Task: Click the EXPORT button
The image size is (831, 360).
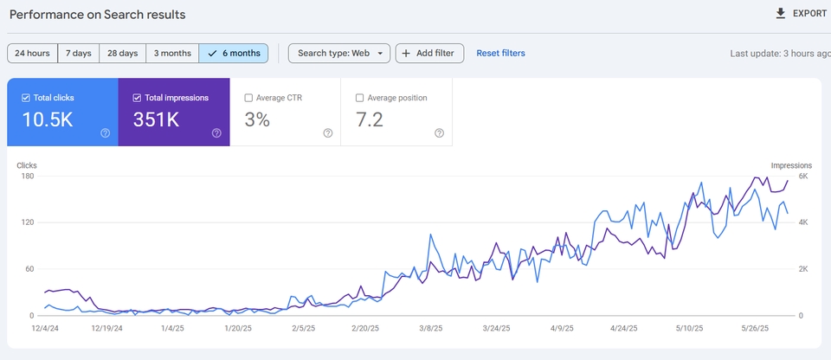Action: tap(800, 14)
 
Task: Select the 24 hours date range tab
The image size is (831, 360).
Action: tap(32, 53)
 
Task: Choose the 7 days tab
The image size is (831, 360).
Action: tap(79, 53)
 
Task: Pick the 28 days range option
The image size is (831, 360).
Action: tap(122, 53)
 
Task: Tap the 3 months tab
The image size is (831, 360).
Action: tap(172, 53)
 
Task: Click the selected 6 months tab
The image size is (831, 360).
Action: tap(234, 53)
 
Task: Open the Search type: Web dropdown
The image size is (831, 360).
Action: tap(339, 53)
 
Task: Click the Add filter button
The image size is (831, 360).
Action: tap(430, 53)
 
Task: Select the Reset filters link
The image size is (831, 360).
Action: tap(501, 53)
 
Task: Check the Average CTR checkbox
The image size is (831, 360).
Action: tap(248, 98)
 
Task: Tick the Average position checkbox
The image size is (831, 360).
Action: tap(360, 98)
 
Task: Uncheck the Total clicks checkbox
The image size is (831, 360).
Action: tap(25, 98)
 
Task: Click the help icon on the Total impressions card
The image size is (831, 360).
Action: tap(216, 133)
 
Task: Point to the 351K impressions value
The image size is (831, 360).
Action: tap(156, 119)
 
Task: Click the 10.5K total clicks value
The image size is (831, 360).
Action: tap(47, 119)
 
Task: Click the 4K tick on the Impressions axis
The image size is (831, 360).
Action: tap(803, 222)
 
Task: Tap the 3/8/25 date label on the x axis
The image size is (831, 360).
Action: tap(431, 328)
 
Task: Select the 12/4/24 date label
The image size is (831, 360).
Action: tap(45, 328)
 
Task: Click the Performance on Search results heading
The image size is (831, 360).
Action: tap(98, 15)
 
